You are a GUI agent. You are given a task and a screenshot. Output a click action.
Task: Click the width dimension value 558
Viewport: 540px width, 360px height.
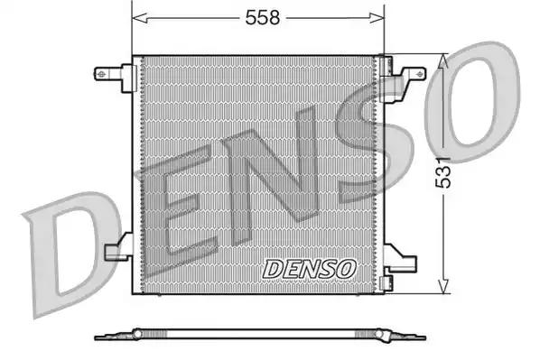259,16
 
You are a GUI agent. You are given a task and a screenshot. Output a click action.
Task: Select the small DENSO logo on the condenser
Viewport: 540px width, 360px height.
311,268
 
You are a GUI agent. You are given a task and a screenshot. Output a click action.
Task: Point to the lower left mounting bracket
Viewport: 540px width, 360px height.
117,250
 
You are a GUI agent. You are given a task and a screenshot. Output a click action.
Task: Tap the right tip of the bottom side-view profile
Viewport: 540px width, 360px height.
421,337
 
